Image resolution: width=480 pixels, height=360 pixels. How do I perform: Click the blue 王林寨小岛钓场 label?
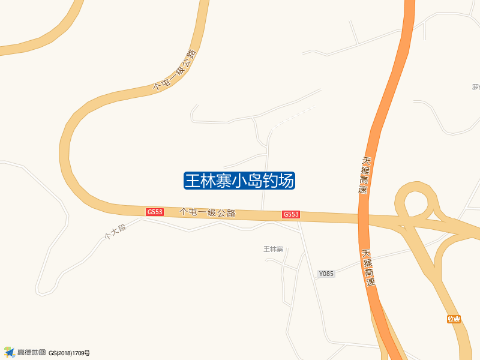[239, 181]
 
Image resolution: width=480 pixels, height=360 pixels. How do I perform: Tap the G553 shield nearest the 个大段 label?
[155, 212]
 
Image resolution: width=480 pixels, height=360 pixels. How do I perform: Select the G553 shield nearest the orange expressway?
[291, 214]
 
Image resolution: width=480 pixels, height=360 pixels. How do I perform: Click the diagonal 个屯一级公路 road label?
[175, 70]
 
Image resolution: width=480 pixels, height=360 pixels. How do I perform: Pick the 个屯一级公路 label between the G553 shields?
[208, 212]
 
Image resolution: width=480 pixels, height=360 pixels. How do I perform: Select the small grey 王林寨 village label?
[273, 249]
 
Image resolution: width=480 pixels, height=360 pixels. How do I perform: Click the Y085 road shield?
[326, 274]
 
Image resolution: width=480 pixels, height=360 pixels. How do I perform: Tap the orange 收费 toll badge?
[454, 319]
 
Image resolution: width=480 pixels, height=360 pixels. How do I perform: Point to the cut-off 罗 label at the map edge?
[476, 87]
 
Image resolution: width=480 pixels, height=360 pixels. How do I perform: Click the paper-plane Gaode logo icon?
[9, 352]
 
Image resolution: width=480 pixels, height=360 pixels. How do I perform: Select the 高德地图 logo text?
[31, 352]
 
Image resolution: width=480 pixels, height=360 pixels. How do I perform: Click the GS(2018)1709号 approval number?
[69, 353]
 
